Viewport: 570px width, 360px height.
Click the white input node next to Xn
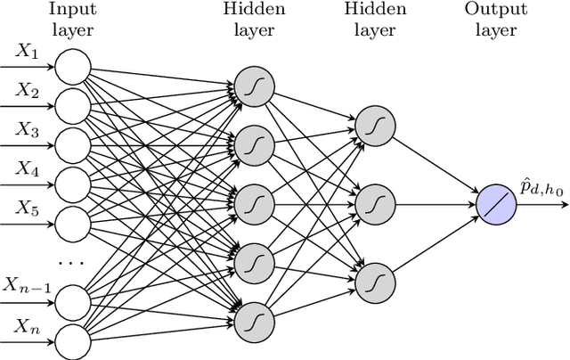pos(72,337)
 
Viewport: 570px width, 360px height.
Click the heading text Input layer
pos(72,20)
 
